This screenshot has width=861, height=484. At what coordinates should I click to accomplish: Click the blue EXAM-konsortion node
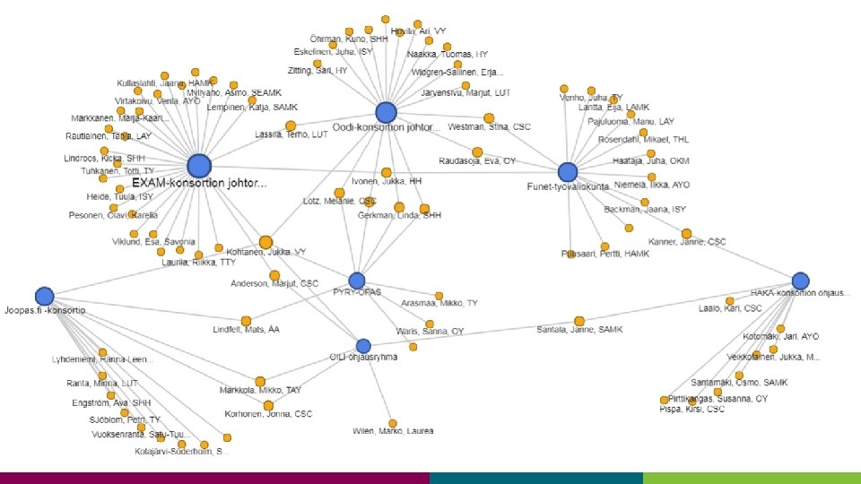(199, 165)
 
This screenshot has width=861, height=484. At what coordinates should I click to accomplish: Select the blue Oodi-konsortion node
(386, 112)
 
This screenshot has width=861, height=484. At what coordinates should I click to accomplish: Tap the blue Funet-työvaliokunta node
(567, 172)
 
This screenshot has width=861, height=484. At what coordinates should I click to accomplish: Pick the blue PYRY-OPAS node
(357, 281)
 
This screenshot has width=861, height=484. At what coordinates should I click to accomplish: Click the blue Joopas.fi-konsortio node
(44, 296)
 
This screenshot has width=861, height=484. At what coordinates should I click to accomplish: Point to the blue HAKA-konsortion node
(800, 281)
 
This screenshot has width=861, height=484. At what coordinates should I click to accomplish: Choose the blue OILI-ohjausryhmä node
(363, 346)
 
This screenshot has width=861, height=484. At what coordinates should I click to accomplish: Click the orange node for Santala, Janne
(579, 320)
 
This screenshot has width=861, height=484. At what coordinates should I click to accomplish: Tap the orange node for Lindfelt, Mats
(246, 320)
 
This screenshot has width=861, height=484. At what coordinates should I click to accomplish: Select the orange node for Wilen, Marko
(392, 423)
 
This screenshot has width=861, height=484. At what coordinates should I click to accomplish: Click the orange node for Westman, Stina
(489, 117)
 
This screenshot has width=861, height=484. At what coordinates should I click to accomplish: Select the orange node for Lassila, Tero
(291, 125)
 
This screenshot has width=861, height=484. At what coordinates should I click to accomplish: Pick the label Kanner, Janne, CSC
(688, 243)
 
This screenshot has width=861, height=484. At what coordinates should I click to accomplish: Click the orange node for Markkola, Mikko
(260, 382)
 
